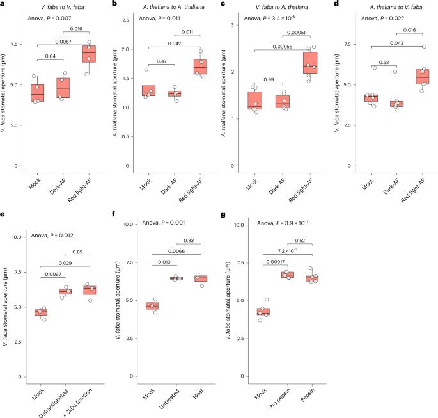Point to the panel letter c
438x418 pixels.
coord(225,6)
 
